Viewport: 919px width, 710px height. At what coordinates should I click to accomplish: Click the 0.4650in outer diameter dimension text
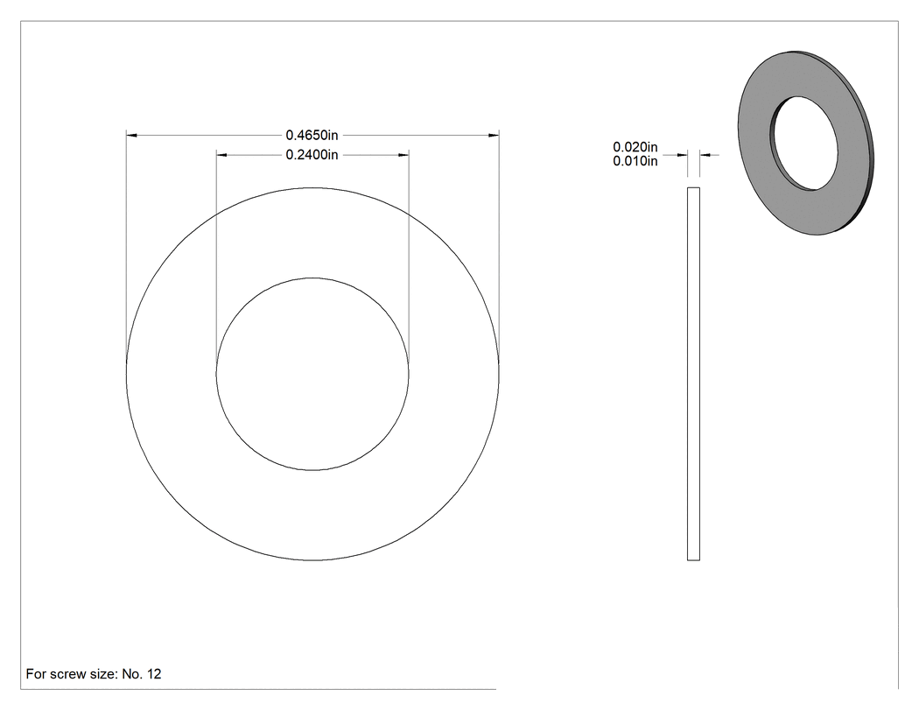(312, 136)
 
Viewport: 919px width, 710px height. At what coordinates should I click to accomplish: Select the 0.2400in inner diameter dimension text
(312, 155)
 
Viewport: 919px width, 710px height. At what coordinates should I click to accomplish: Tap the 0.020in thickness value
(635, 147)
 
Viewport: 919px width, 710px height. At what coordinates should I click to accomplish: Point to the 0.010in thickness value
(635, 161)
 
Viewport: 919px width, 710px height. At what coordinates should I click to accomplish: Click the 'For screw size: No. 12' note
(94, 674)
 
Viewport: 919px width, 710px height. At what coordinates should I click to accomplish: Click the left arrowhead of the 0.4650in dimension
(132, 136)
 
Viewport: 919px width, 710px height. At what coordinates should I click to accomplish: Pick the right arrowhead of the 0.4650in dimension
(494, 136)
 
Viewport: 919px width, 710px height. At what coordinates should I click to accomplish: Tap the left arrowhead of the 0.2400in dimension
(221, 155)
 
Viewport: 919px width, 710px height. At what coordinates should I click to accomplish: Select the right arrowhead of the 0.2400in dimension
(403, 155)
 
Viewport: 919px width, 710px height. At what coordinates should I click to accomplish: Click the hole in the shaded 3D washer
(804, 144)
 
